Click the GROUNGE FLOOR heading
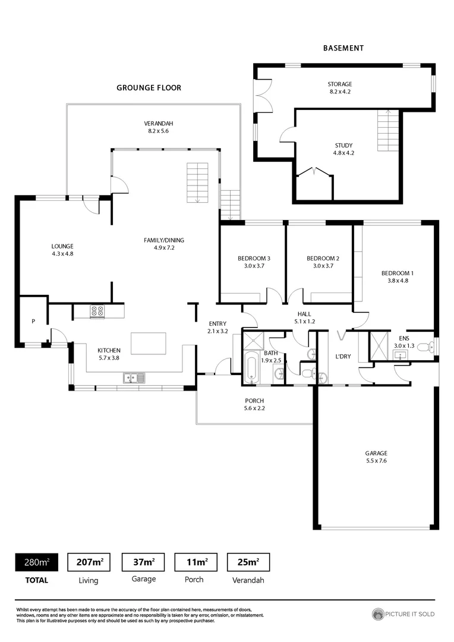[149, 87]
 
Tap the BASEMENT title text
[343, 48]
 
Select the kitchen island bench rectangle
[148, 343]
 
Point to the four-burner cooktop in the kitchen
[97, 311]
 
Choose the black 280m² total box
[37, 562]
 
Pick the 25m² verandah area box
[248, 562]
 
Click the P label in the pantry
[33, 322]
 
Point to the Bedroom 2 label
[323, 259]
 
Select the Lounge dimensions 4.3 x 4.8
[62, 253]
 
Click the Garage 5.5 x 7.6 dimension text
[376, 460]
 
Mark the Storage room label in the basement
[340, 84]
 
